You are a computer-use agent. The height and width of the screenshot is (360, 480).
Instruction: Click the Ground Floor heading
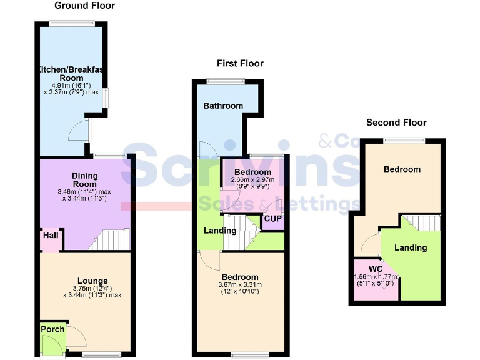(x=84, y=6)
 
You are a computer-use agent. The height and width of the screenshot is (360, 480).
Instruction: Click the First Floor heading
(x=240, y=63)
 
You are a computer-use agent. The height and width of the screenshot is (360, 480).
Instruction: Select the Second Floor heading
(x=396, y=122)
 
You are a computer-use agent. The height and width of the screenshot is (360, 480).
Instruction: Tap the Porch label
(x=52, y=329)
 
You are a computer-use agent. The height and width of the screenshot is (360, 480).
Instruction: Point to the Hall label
(x=50, y=236)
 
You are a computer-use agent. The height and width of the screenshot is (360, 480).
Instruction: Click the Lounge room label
(x=92, y=281)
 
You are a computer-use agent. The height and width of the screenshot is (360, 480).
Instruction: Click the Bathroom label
(x=223, y=106)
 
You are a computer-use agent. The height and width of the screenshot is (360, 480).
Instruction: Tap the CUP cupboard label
(x=272, y=219)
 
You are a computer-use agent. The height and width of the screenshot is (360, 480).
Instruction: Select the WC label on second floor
(x=375, y=269)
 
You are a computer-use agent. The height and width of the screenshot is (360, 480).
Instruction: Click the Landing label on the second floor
(x=411, y=247)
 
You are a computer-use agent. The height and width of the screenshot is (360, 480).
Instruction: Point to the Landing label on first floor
(x=221, y=231)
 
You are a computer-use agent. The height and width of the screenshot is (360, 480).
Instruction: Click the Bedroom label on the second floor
(x=402, y=169)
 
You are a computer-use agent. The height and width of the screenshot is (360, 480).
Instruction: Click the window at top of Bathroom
(x=226, y=80)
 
